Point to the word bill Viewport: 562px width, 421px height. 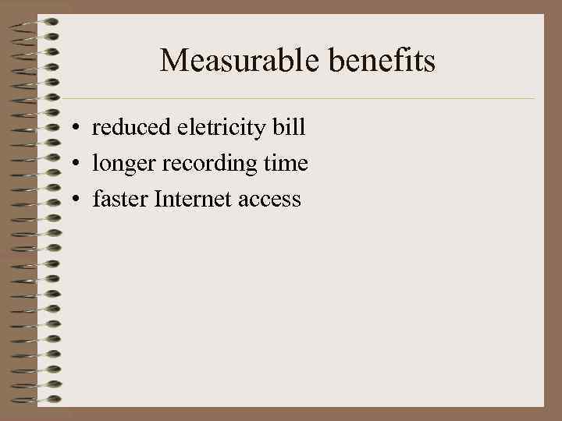click(290, 127)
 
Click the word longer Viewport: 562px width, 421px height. click(120, 165)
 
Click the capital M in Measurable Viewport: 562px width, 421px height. click(173, 61)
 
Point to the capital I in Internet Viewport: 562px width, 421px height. click(159, 200)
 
